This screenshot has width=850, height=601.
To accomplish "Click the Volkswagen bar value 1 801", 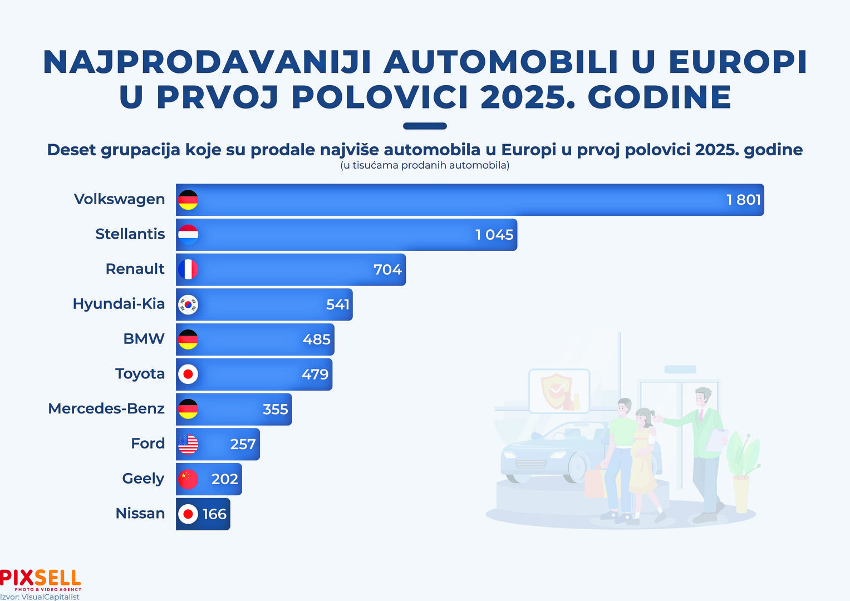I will click(x=743, y=200).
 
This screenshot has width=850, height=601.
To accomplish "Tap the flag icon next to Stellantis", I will click(x=188, y=235).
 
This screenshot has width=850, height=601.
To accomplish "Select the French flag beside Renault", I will click(x=188, y=269).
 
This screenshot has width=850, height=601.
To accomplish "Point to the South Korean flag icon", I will click(x=188, y=304).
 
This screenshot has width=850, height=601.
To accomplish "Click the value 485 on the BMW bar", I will click(x=316, y=339).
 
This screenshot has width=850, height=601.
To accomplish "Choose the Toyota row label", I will click(x=140, y=373).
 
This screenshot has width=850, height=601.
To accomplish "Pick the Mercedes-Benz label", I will click(x=106, y=408).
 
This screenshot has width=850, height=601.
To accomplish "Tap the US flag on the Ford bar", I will click(x=188, y=444).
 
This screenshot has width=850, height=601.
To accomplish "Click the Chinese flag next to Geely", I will click(x=188, y=479).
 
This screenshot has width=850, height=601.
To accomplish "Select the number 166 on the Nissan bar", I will click(x=214, y=514).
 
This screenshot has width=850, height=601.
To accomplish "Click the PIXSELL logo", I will click(x=41, y=579).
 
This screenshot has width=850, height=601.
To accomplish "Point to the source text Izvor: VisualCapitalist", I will click(x=40, y=597).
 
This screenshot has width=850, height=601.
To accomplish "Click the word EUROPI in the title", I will click(x=737, y=62).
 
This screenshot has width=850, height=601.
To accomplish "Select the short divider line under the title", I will click(x=425, y=126).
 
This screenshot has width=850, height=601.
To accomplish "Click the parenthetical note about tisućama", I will click(x=425, y=165).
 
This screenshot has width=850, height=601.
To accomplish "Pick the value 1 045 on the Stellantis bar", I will click(x=494, y=235).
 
